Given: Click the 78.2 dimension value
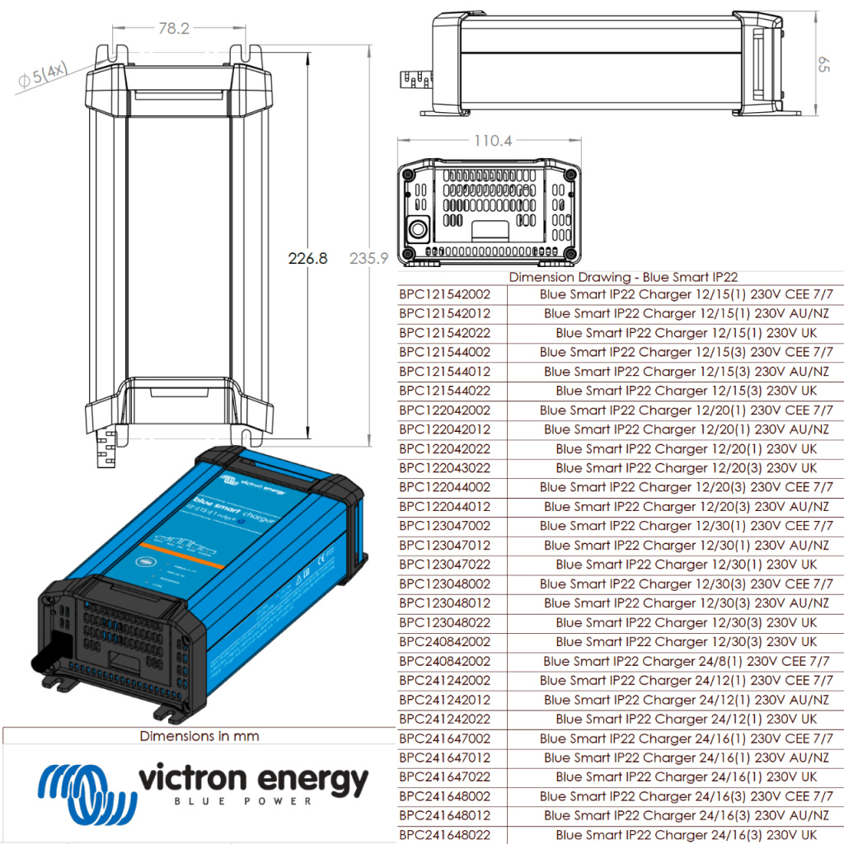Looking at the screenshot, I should point(173,29).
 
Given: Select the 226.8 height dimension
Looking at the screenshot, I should point(307,259).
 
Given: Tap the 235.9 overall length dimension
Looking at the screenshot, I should point(369,259).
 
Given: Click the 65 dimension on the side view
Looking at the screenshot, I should point(822,65).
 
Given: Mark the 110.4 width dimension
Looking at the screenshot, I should point(492,142).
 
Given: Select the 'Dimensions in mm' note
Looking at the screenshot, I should point(199,736).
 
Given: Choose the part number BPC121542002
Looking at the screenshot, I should point(444,293).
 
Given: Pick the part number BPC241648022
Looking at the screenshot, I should point(444,835).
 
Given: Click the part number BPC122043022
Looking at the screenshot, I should point(444,467).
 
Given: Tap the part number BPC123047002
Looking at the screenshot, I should point(444,526).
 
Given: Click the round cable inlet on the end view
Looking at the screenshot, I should point(418,228).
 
